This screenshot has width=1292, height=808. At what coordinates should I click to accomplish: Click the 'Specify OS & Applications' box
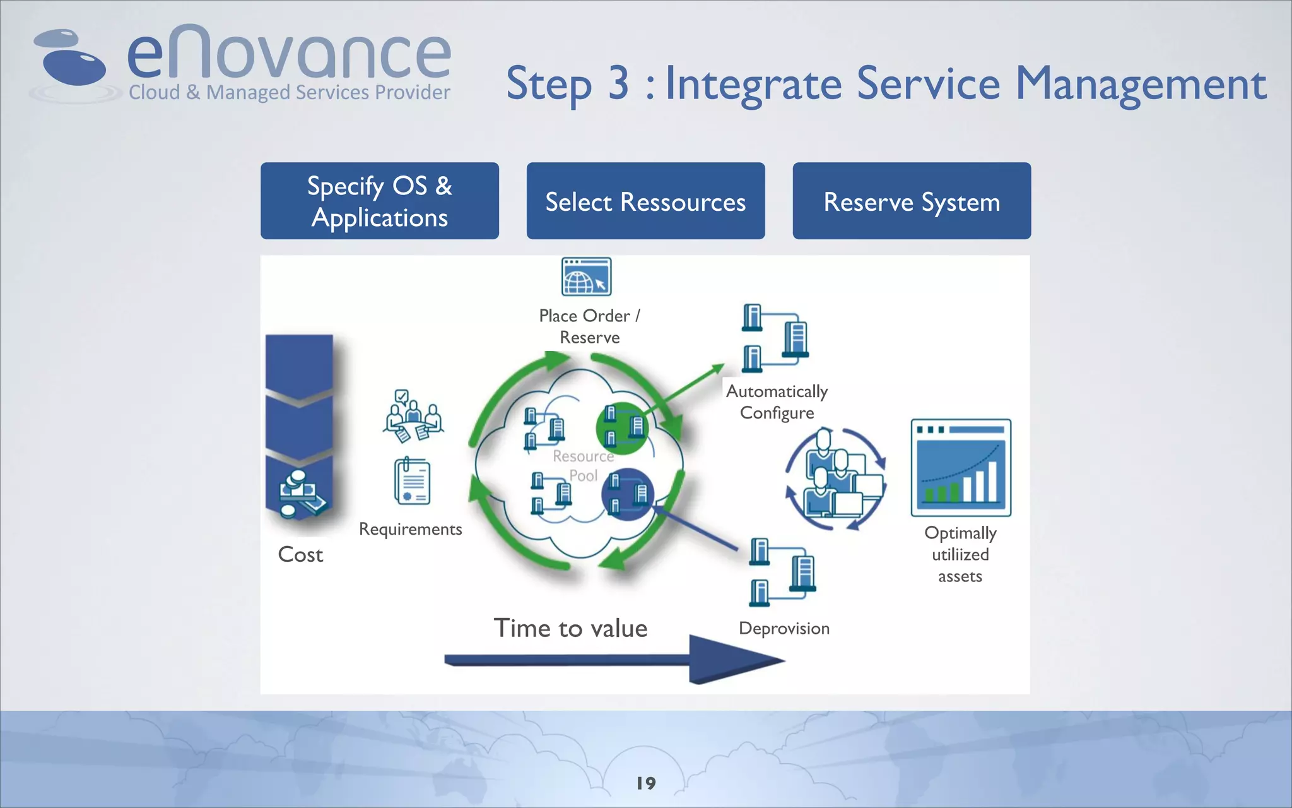coord(379,201)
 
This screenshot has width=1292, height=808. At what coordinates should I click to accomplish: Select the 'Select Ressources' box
coord(645,201)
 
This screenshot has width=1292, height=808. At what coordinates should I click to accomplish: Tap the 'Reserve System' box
coord(912,201)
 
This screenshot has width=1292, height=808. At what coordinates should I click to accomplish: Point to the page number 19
coord(646,783)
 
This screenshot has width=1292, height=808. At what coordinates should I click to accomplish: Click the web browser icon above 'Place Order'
coord(586,276)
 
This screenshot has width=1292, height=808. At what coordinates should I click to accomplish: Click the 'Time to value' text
coord(570,628)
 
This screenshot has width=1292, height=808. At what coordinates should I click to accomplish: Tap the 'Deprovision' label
coord(784,629)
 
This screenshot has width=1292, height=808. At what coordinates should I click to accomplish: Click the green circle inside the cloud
coord(623,428)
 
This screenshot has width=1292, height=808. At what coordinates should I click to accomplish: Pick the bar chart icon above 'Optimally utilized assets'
coord(960,468)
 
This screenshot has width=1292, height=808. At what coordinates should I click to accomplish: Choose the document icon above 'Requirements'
coord(412,482)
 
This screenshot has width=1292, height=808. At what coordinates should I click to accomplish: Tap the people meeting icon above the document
coord(413,416)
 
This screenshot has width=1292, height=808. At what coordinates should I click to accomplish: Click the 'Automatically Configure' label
coord(777,402)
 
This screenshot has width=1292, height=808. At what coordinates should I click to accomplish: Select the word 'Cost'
coord(300,554)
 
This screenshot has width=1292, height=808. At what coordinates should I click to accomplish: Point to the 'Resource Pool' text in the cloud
coord(583,465)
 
